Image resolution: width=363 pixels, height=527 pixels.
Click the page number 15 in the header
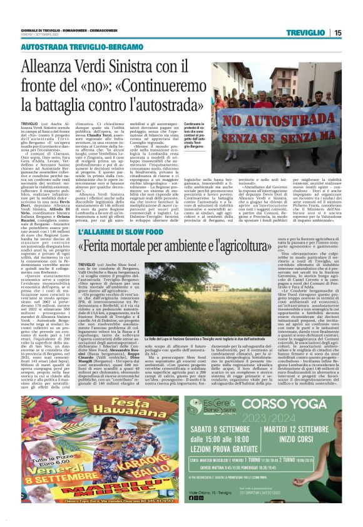338,33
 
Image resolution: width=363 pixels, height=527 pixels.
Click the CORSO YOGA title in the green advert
294,404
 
